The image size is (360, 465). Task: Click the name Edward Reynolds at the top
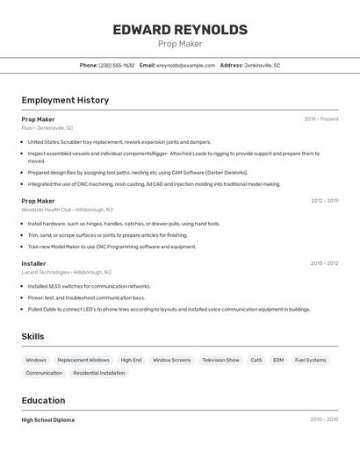(180, 30)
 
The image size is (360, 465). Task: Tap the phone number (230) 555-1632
(117, 65)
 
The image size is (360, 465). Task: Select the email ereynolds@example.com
(185, 65)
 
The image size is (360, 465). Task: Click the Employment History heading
(65, 100)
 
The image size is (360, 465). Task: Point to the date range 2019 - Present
(321, 119)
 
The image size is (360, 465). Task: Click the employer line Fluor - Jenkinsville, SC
(47, 128)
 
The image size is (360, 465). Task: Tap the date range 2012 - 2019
(324, 201)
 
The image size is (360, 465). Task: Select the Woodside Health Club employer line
(67, 210)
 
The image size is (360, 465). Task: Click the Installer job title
(33, 263)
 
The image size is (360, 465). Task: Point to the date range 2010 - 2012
(324, 263)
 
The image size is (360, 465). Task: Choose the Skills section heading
(32, 336)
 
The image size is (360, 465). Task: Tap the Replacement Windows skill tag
(83, 360)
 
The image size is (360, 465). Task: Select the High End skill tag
(131, 360)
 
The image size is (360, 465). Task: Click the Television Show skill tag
(220, 360)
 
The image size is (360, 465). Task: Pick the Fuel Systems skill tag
(310, 360)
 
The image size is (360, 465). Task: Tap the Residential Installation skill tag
(99, 373)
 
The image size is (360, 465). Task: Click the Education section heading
(43, 400)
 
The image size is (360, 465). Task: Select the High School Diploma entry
(47, 420)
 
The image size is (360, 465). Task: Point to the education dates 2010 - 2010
(324, 420)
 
